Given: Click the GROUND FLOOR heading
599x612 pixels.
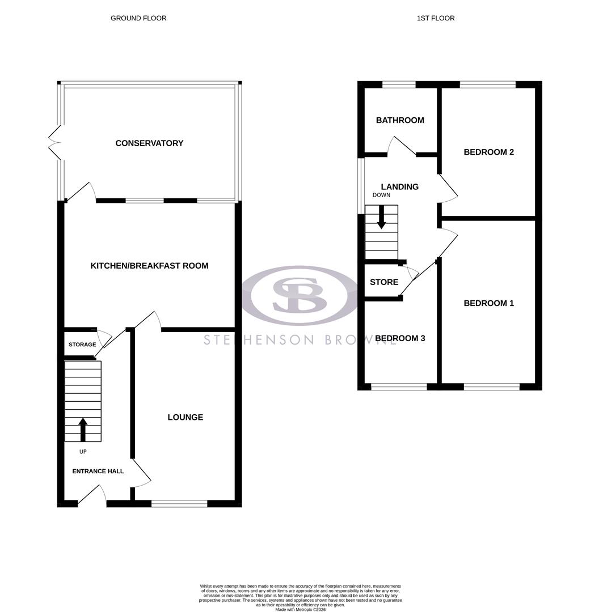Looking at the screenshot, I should (138, 18).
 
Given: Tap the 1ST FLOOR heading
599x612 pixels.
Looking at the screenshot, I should (436, 18).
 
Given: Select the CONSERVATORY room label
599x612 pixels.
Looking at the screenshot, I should (149, 143).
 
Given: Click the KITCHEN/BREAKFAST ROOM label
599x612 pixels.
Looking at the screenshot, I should (149, 266).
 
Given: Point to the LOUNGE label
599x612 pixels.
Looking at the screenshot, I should (185, 418).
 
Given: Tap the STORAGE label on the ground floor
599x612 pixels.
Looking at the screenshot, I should (82, 345).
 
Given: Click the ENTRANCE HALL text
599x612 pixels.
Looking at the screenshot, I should (98, 471).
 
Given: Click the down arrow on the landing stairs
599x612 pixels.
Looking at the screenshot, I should (381, 217).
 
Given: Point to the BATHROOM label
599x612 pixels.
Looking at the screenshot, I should (400, 120).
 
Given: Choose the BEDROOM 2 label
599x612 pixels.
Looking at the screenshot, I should (488, 152).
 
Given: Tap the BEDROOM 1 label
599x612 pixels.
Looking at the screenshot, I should (488, 303).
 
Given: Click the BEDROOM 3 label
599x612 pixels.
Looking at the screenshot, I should (400, 338).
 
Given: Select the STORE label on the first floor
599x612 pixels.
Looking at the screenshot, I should (384, 282).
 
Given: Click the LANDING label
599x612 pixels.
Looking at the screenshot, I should (399, 187).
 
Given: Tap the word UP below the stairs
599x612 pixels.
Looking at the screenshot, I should (83, 452).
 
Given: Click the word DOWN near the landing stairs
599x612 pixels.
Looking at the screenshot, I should (381, 195).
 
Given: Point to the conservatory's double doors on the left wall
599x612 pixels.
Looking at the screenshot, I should (54, 143).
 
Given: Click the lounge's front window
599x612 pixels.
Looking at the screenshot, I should (179, 503).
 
